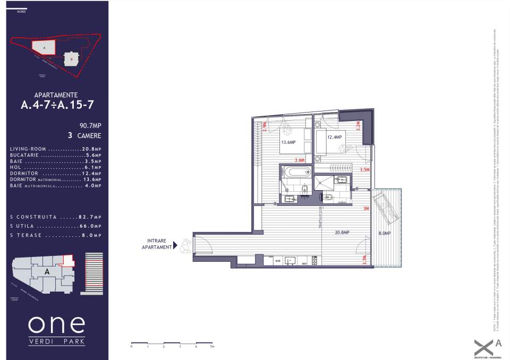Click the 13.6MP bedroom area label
coord(288,142)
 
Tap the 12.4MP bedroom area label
coord(334,137)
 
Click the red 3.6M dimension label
coord(300,160)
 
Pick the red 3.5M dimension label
coord(364,170)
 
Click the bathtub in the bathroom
coord(297,172)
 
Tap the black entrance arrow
coord(175,246)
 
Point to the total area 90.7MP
coord(90,126)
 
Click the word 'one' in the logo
coord(56,323)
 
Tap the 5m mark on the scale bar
coord(212,346)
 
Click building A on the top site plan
coord(45,48)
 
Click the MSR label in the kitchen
coord(277,261)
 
